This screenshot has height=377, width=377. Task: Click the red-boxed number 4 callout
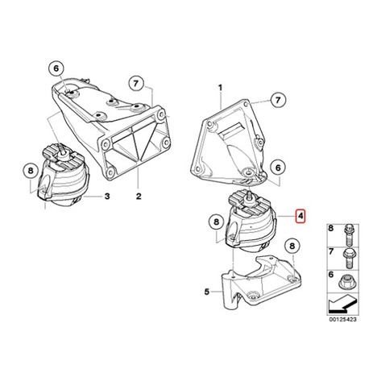(300, 217)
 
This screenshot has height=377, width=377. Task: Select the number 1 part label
(220, 88)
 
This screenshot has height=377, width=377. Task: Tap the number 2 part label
(139, 197)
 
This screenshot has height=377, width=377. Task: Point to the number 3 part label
(107, 197)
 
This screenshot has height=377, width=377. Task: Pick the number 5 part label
(206, 292)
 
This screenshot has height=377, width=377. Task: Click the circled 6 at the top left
(56, 68)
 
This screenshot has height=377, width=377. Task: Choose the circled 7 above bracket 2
(136, 84)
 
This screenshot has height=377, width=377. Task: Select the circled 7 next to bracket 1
(278, 101)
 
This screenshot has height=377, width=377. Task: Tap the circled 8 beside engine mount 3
(31, 171)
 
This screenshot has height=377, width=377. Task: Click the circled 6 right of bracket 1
(278, 168)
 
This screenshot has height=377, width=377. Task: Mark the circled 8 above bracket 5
(292, 246)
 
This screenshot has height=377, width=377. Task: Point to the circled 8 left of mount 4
(217, 222)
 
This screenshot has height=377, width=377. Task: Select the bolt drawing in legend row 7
(348, 259)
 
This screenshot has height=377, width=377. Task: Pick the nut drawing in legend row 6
(346, 282)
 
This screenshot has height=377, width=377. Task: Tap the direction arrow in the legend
(342, 304)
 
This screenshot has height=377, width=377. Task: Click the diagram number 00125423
(343, 320)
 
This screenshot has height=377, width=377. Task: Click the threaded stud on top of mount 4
(249, 196)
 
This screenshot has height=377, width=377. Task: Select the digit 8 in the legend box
(331, 228)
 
